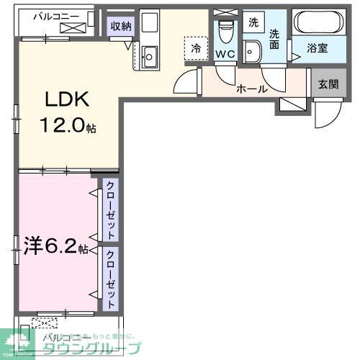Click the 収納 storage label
120,27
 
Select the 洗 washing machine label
253,22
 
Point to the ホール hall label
252,89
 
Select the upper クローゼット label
110,210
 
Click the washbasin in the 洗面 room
252,51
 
